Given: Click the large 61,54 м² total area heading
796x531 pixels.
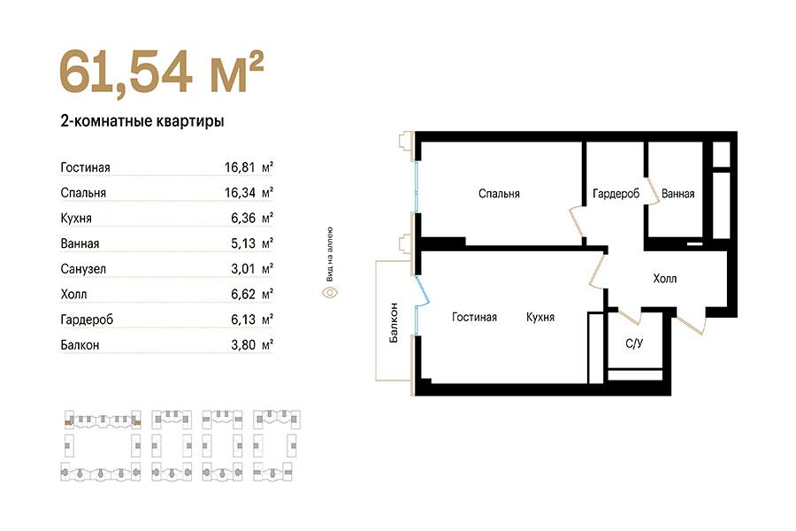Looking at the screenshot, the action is [162, 72].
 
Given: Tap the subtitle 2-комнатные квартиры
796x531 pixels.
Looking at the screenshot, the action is [142, 121].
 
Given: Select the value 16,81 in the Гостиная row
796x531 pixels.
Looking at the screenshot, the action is [240, 167].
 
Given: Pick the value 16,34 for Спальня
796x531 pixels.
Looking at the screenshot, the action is [240, 193].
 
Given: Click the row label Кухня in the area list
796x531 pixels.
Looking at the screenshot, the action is [76, 218].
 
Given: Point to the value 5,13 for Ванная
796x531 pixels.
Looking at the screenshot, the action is [243, 243].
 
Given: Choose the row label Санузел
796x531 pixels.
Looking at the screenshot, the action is [83, 269].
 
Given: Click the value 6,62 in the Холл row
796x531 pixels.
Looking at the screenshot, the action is [243, 294].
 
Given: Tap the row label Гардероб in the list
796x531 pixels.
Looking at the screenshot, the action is [87, 320].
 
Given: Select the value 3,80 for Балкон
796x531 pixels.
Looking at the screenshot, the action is [243, 345].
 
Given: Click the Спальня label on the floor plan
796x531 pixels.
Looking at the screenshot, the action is [499, 194].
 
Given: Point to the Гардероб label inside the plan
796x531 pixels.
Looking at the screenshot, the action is [616, 194].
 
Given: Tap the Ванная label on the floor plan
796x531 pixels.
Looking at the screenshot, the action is [677, 194].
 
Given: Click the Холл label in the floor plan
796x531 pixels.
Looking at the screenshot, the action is [664, 279].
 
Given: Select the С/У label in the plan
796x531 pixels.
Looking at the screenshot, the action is [634, 343].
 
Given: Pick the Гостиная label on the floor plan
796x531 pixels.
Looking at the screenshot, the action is [474, 317].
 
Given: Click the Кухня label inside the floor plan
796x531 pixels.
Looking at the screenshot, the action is [540, 317].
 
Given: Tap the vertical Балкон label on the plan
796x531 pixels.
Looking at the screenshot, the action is [394, 323].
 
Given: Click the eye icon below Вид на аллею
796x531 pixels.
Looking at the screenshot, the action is [331, 293].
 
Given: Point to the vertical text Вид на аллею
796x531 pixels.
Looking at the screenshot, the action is [330, 254].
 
